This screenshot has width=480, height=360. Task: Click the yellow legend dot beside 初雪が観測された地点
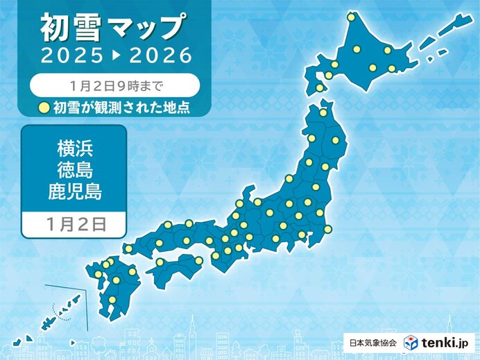(43, 107)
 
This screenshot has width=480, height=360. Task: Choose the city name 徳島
(74, 170)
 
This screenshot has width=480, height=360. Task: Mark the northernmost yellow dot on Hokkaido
(351, 17)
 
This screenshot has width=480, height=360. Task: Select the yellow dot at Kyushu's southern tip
(111, 300)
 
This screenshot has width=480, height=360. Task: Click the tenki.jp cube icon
(412, 342)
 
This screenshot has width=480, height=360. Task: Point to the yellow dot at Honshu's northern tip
(323, 112)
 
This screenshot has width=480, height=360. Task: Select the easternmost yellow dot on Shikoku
(198, 262)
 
